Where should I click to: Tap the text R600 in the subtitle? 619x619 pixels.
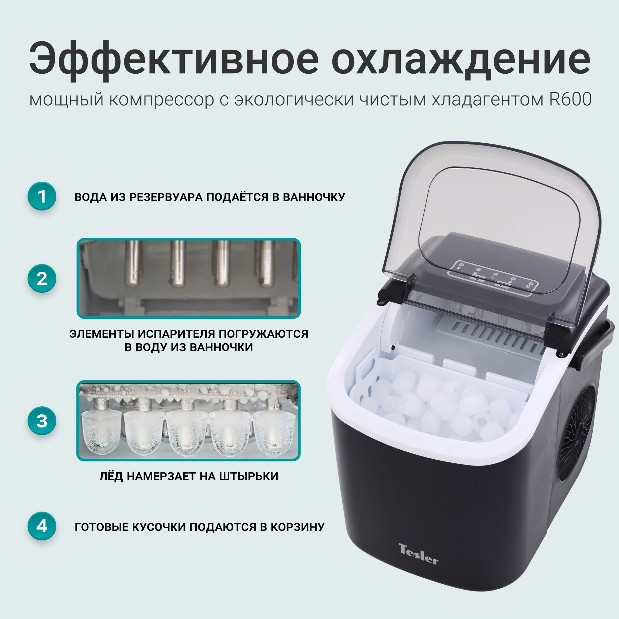pos(570,100)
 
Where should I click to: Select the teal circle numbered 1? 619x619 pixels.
pos(42,196)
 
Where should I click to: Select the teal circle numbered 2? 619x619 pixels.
pos(42,278)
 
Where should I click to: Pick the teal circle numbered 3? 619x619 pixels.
pos(42,421)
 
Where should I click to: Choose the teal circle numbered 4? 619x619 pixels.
pos(42,526)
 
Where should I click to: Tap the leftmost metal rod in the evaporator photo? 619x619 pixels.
pos(132,263)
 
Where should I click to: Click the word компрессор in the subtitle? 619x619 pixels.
pos(162,100)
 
